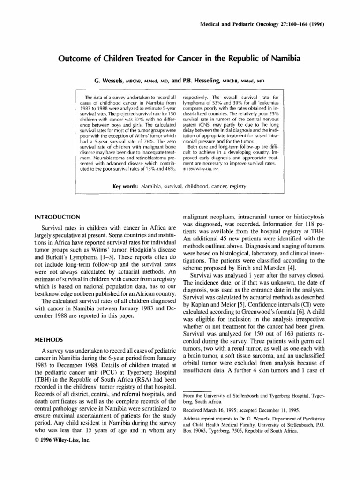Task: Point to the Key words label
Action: point(124,187)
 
